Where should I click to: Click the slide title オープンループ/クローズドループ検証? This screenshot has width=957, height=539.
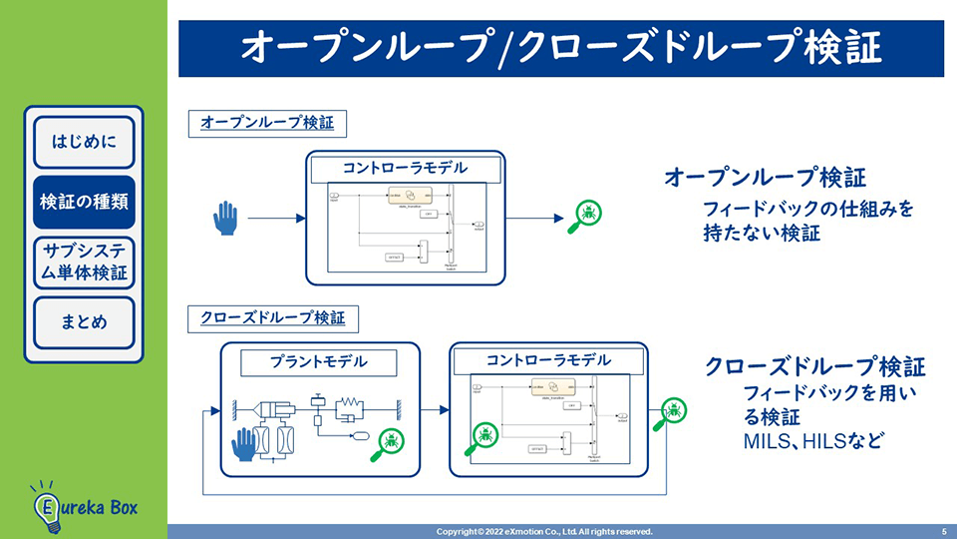pos(560,47)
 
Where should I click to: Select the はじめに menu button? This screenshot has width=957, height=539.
pos(84,141)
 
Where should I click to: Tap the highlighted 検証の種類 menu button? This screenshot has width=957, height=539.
pos(84,201)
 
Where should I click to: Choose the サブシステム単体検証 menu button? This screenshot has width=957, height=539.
pos(84,262)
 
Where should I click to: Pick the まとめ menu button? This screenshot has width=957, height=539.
pos(84,321)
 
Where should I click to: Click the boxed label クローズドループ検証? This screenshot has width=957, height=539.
pos(272,318)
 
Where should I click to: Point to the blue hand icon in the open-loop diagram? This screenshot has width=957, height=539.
pos(226,218)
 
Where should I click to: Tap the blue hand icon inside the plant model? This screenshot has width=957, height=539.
pos(244,443)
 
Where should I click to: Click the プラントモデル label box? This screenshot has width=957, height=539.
pos(319,361)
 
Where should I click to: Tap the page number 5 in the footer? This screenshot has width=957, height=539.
pos(943,531)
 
